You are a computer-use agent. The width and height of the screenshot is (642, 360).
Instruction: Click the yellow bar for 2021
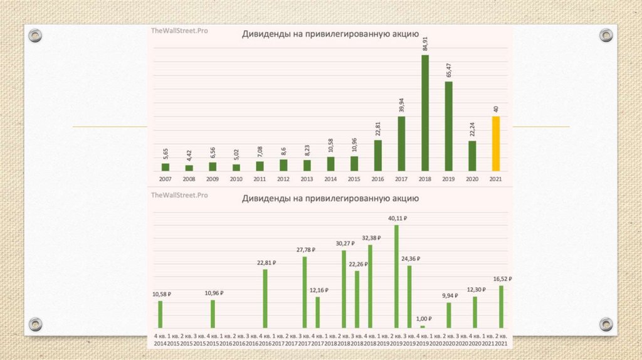[x=495, y=144]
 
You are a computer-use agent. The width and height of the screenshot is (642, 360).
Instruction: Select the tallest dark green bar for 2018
[x=424, y=113]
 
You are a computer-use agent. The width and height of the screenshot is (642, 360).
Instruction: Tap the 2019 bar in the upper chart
[x=448, y=126]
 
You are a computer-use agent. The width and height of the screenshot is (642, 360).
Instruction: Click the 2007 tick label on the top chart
[x=165, y=179]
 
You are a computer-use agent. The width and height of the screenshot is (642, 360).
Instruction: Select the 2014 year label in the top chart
[x=330, y=179]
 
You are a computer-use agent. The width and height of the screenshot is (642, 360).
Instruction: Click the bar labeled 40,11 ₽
[x=396, y=276]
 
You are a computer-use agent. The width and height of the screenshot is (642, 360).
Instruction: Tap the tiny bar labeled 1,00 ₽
[x=422, y=326]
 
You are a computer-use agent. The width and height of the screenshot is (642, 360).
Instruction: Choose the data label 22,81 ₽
[x=265, y=263]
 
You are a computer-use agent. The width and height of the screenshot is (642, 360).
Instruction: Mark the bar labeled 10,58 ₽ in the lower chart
[x=160, y=314]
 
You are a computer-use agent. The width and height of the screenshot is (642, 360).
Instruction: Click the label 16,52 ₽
[x=502, y=278]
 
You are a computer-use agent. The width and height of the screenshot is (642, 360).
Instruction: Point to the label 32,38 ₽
[x=370, y=238]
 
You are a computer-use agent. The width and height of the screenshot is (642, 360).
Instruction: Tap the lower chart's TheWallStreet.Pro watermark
[x=179, y=196]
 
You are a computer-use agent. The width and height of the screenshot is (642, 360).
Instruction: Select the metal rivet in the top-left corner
[x=34, y=35]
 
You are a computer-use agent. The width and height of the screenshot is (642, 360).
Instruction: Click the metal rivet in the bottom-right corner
[x=605, y=324]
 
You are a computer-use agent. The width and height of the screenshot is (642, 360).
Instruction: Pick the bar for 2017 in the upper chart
[x=401, y=144]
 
